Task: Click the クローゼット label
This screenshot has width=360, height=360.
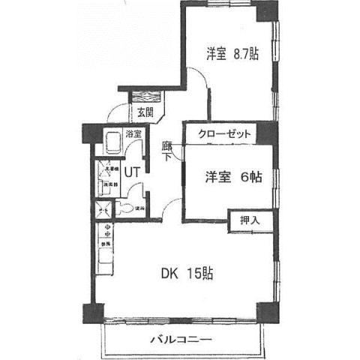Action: pos(224,134)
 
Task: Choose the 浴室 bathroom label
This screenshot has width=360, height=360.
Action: pos(134,135)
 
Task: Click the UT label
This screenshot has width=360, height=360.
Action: pos(132,172)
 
